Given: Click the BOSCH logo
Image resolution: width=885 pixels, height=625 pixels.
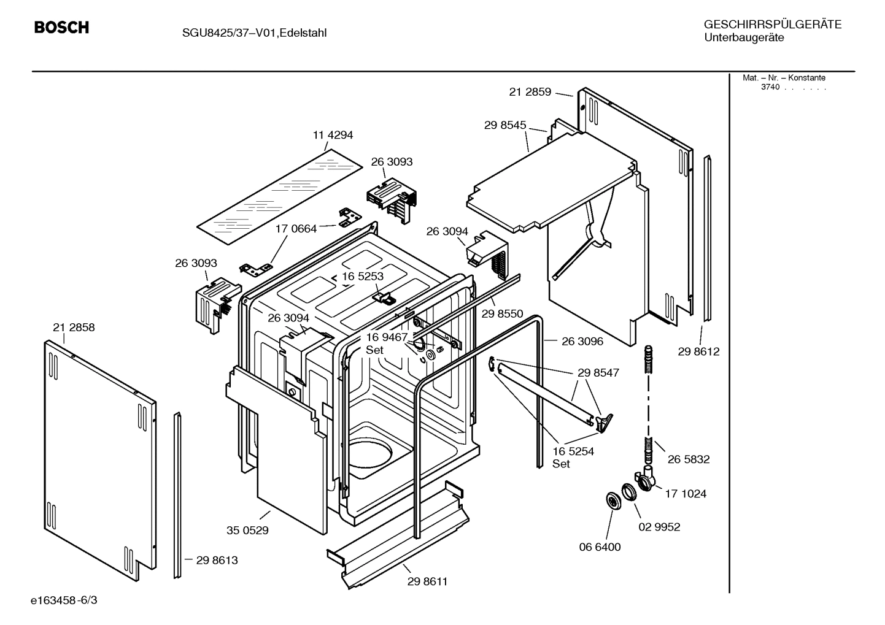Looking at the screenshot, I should coord(61,28).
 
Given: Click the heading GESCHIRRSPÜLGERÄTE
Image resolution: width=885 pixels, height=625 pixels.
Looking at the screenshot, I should coord(772,25).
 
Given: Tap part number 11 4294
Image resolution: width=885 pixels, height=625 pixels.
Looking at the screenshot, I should coord(333,135).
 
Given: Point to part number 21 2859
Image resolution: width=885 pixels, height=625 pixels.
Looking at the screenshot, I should coord(530,92).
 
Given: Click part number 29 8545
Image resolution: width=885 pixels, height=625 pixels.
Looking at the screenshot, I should coord(505,125).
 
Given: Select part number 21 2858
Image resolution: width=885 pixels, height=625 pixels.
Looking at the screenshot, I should coord(74,328).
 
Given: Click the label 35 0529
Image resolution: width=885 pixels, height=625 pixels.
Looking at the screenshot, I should coord(247,531).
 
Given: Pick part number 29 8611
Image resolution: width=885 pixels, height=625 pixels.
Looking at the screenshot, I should coord(427,581).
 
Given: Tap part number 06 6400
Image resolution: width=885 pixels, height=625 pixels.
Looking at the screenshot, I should coord(600,547).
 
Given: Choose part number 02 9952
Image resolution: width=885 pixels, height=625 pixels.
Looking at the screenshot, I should coord(659,527).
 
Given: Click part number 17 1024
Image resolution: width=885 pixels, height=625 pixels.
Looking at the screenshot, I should coord(686,494).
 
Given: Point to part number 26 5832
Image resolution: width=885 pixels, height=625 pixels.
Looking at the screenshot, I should coord(689,459).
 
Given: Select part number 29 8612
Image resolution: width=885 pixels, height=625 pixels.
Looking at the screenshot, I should coord(698,351).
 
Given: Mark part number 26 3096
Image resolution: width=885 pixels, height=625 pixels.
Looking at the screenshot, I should coord(582,342).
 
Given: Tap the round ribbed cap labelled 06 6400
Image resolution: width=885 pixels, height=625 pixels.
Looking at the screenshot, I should coord(612,500).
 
